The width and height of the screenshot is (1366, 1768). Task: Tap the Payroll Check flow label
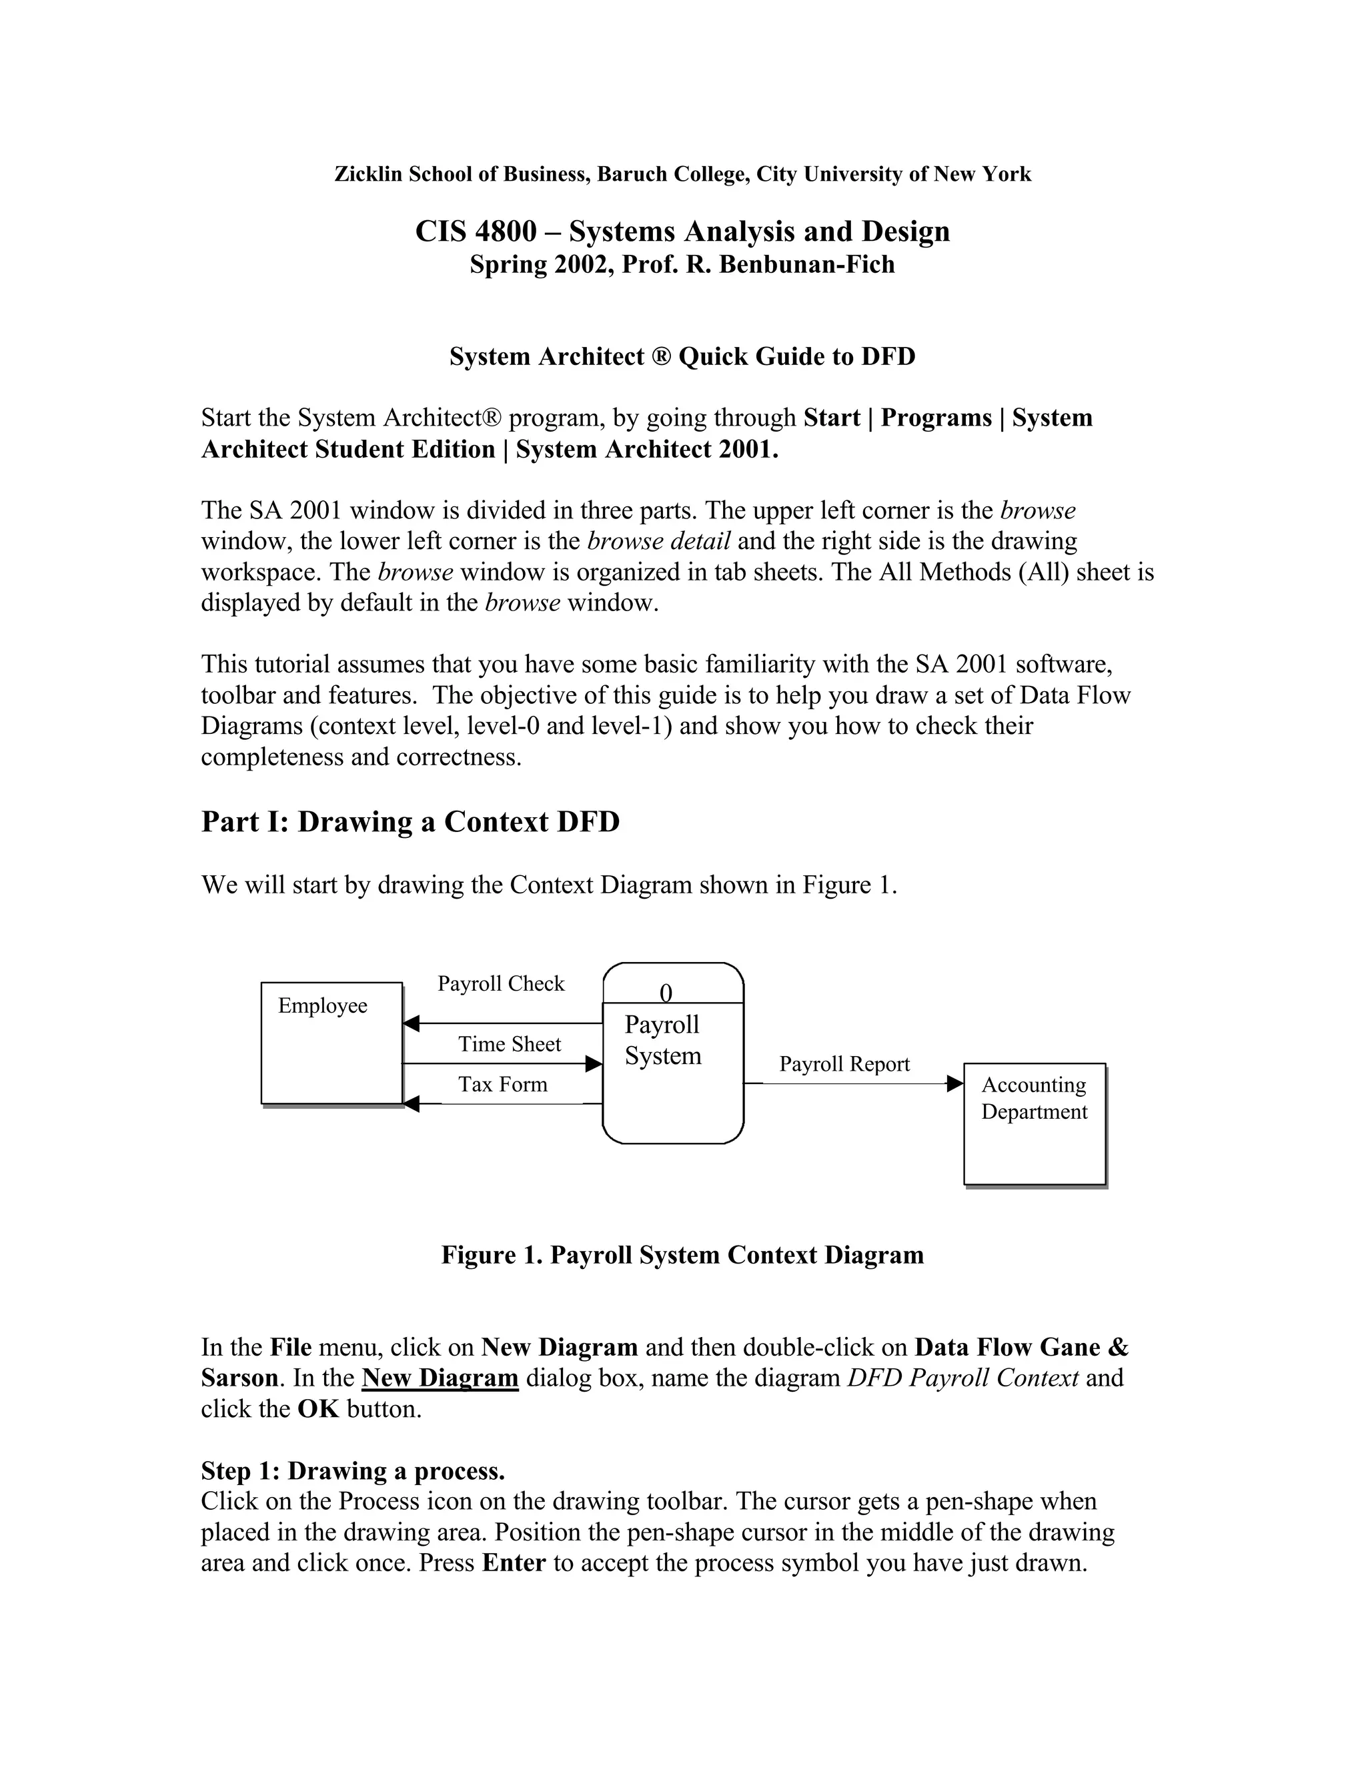pos(501,983)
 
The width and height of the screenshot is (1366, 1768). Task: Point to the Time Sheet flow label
pos(509,1044)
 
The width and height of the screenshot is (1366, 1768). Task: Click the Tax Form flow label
pos(502,1084)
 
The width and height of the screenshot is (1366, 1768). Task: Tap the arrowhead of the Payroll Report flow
pos(955,1083)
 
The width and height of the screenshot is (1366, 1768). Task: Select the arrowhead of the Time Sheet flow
pos(594,1063)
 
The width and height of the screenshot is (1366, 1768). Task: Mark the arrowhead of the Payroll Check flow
pos(411,1023)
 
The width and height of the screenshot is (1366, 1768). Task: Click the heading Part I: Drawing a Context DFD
pos(410,822)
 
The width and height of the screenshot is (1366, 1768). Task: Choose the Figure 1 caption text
pos(682,1255)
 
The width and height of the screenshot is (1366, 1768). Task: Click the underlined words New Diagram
pos(440,1378)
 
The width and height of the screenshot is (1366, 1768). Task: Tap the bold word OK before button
pos(318,1408)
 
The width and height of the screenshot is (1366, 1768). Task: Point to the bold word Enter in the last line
pos(514,1563)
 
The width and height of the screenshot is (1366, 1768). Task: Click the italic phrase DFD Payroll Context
pos(962,1378)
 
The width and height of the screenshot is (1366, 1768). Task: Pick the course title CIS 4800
pos(476,232)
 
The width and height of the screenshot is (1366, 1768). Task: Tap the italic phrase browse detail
pos(659,541)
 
